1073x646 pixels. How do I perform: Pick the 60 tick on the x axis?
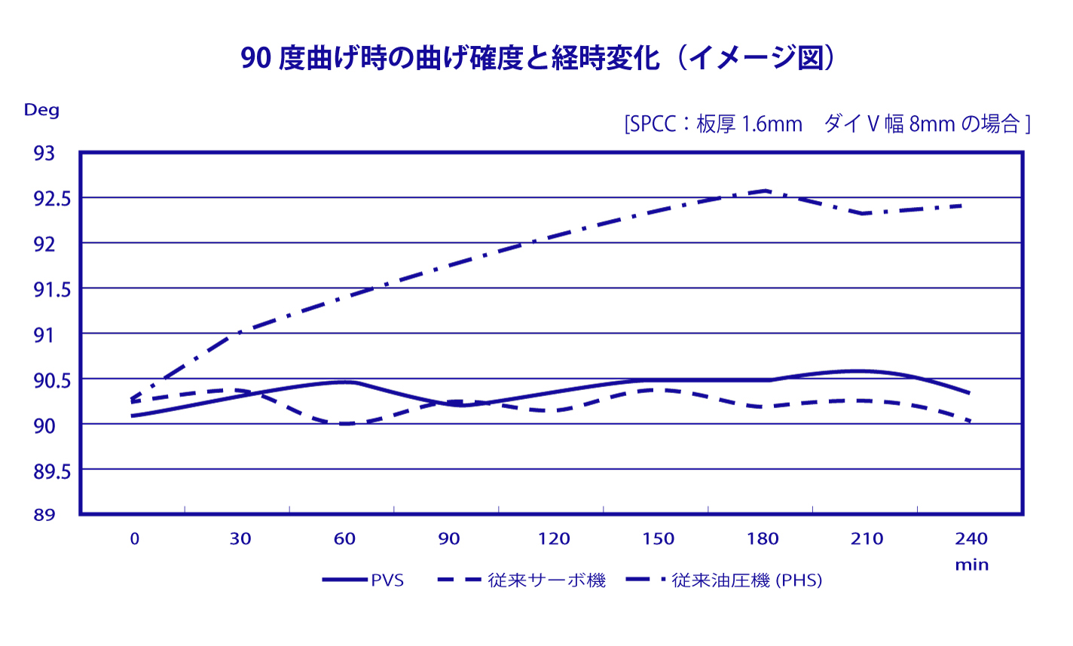(345, 539)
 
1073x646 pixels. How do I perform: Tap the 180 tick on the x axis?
(763, 539)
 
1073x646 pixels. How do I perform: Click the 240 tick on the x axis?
(971, 539)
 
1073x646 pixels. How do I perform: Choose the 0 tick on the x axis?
(135, 539)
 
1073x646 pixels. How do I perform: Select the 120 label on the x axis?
(555, 539)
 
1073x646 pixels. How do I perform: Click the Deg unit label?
(41, 110)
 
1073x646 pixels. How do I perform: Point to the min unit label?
(972, 565)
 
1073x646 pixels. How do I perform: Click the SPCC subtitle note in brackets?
(827, 123)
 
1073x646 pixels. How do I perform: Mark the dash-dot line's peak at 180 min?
(766, 190)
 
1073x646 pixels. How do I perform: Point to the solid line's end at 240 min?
(970, 393)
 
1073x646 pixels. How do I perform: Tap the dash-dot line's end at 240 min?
(961, 205)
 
